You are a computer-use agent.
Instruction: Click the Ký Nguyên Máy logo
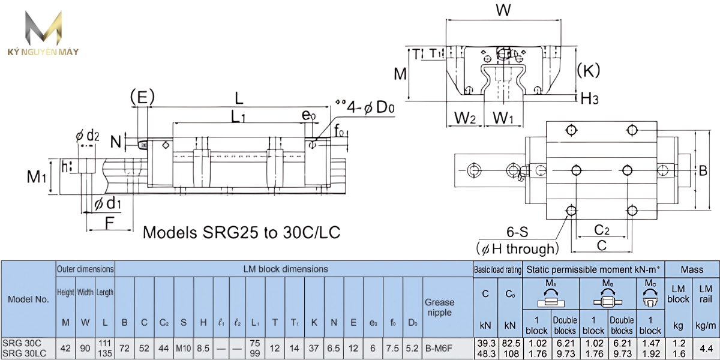point(42,33)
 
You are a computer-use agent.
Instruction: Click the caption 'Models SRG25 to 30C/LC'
point(242,232)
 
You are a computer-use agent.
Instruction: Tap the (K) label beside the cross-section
point(589,71)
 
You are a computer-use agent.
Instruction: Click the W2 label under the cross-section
point(464,118)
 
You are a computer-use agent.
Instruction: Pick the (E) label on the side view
point(142,96)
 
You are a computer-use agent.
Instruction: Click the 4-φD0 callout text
point(369,107)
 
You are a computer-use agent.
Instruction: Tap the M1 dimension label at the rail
point(37,176)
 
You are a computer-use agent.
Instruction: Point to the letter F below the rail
point(109,222)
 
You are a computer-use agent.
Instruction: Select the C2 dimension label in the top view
point(601,230)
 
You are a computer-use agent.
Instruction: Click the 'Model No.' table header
point(28,299)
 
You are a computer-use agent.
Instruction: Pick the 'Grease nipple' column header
point(440,307)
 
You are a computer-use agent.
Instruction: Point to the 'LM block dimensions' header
point(286,269)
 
